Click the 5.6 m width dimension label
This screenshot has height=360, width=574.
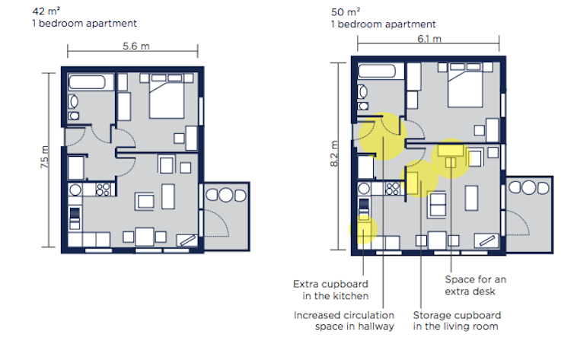click(136, 46)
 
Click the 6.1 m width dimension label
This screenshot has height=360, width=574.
click(429, 39)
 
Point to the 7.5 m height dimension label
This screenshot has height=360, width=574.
click(44, 157)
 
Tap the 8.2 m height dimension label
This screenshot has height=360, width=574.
click(334, 154)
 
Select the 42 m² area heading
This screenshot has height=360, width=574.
click(46, 11)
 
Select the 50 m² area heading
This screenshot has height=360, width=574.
click(345, 11)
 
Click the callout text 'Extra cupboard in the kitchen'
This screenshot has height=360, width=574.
click(331, 290)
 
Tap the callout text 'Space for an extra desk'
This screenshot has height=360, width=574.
click(476, 285)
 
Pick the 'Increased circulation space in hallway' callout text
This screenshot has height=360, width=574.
click(344, 320)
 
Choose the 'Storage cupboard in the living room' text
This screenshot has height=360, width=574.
click(457, 320)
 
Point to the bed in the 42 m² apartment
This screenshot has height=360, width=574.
click(167, 96)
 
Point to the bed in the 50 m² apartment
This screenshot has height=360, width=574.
click(465, 85)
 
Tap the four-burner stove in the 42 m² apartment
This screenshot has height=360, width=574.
click(103, 190)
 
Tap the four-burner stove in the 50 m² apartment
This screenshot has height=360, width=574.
click(392, 189)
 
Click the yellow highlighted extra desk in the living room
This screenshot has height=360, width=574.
click(451, 151)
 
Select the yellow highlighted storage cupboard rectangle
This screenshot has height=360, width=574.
click(412, 183)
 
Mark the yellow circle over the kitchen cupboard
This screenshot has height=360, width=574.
click(363, 230)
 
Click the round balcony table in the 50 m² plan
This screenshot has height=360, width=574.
click(528, 187)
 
